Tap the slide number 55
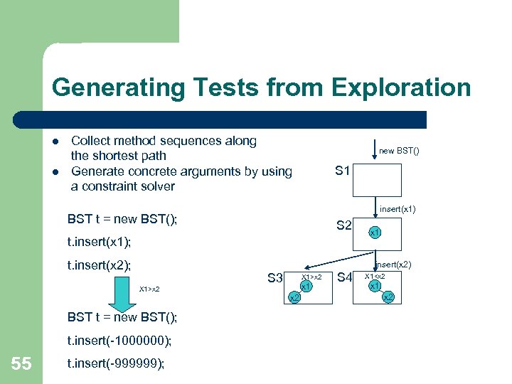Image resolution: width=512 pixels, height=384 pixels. [21, 364]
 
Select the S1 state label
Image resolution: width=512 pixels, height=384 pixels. [343, 171]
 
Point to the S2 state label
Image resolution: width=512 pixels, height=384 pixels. [343, 225]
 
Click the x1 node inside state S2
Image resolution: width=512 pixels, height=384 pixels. [374, 232]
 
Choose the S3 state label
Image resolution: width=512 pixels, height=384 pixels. [275, 277]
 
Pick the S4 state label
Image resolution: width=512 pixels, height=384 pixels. [345, 277]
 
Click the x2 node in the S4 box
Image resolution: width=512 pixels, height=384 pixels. [388, 297]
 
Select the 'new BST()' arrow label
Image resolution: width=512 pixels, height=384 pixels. [399, 151]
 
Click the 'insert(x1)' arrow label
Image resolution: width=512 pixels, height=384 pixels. [398, 209]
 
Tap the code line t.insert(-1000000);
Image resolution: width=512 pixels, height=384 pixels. [119, 341]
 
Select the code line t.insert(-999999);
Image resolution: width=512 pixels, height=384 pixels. [116, 363]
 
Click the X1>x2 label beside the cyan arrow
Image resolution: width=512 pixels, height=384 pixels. [149, 289]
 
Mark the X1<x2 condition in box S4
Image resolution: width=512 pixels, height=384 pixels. [375, 276]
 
